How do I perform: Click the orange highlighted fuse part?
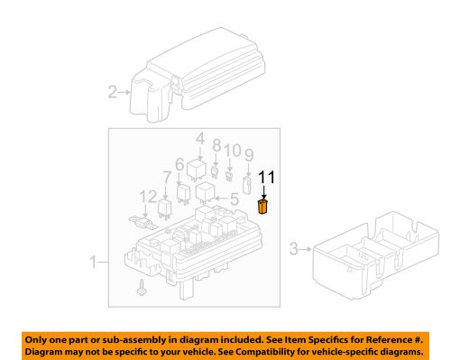tap(262, 207)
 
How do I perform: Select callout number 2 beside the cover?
tap(114, 91)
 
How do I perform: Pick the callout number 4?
tap(199, 138)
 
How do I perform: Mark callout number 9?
tap(247, 154)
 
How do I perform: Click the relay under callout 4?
tap(198, 166)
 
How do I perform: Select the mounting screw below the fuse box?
tap(142, 289)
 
